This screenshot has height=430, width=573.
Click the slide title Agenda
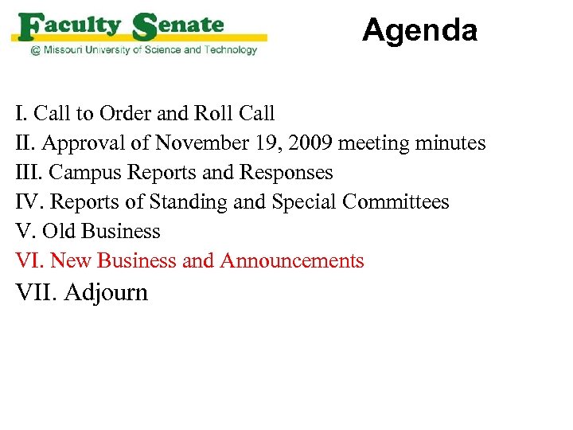419,31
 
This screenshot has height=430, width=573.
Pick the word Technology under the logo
229,50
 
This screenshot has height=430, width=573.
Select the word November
205,143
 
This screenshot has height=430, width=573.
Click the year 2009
313,143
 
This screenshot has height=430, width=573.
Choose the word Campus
86,173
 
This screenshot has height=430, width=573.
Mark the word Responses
287,173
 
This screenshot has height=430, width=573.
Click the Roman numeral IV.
28,202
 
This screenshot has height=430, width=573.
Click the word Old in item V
57,232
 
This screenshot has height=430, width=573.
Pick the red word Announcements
292,261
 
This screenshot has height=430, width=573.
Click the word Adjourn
106,292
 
